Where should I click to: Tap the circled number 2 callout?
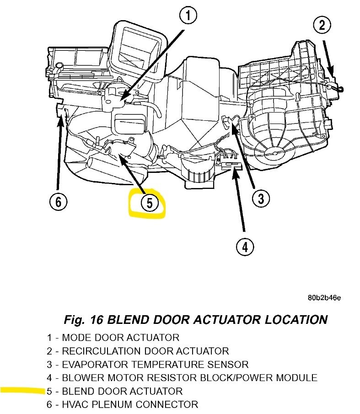pos(322,24)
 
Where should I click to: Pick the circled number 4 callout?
pos(245,247)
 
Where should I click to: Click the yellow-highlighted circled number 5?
pos(149,202)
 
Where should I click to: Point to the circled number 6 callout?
pos(59,201)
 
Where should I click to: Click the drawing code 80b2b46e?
pos(324,298)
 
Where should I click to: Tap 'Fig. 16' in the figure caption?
pos(84,319)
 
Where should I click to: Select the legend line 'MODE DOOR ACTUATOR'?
pos(113,338)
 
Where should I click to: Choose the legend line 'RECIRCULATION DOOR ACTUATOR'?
pos(138,351)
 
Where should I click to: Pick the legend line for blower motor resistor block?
pos(182,378)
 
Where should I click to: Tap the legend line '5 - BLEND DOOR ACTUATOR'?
pos(114,391)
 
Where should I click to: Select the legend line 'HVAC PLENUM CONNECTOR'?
pos(122,404)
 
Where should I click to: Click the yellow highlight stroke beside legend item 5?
pos(23,390)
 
